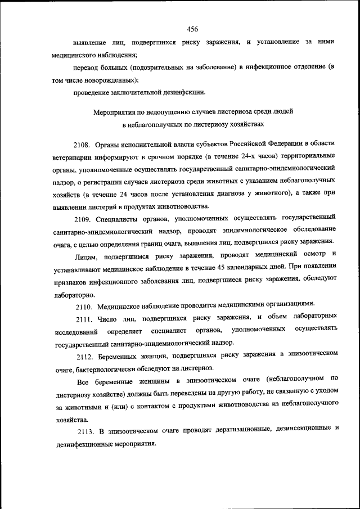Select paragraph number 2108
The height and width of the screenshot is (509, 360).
(x=84, y=139)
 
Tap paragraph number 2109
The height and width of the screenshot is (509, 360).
(x=84, y=218)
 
